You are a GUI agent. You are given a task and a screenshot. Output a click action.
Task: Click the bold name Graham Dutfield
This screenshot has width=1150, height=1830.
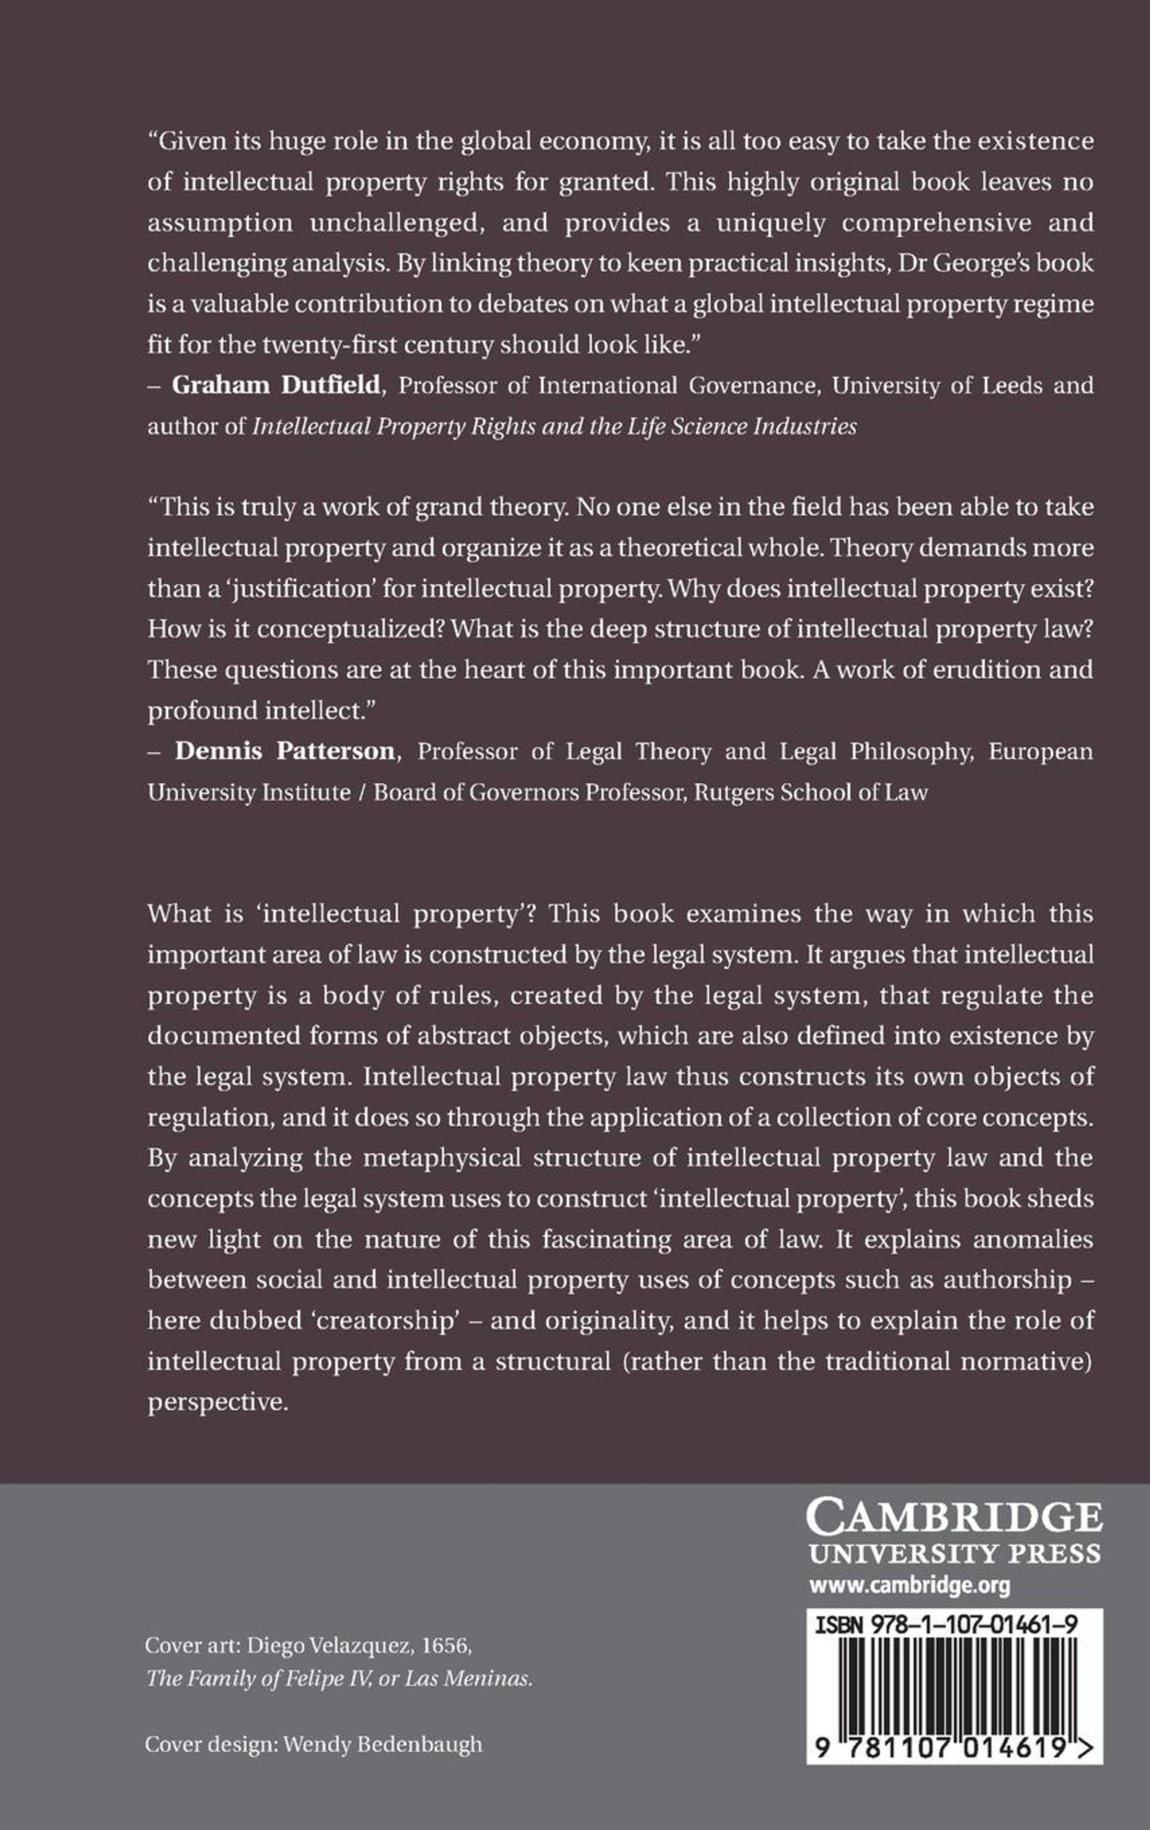[x=275, y=385]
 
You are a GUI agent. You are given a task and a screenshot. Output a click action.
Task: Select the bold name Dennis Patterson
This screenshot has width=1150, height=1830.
[x=285, y=752]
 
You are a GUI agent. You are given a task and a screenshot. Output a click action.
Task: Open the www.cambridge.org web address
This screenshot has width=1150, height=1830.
[x=910, y=1585]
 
